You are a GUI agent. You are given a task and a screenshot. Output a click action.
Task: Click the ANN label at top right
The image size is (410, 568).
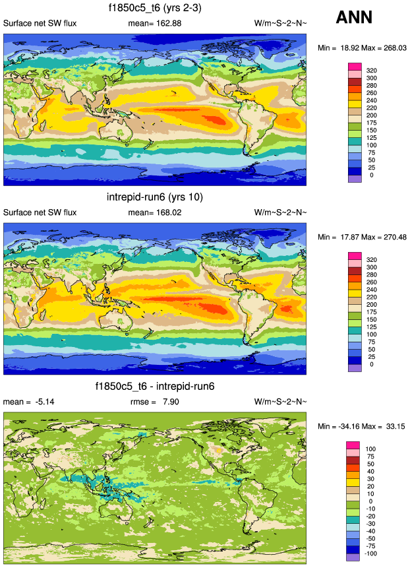(x=355, y=18)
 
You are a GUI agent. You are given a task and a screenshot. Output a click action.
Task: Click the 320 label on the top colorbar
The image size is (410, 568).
(x=371, y=70)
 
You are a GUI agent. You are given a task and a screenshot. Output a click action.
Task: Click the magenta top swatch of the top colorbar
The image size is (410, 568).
(x=355, y=66)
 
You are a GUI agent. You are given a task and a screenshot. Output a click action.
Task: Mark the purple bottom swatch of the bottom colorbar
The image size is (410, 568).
(x=355, y=557)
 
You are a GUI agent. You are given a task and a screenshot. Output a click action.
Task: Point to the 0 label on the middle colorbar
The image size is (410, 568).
(x=371, y=364)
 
